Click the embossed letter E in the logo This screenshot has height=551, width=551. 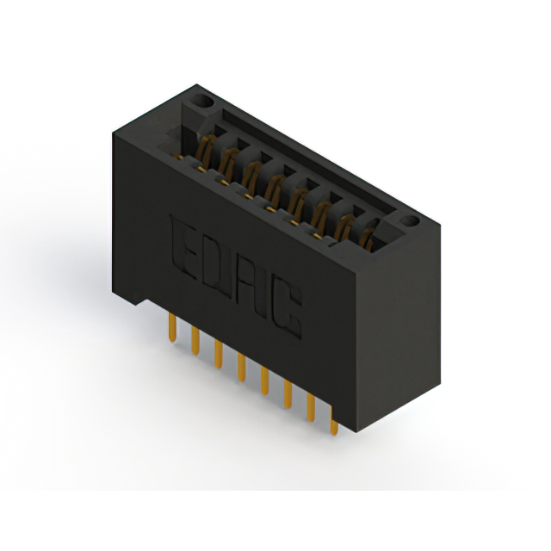pos(183,248)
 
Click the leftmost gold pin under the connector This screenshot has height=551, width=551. pos(172,327)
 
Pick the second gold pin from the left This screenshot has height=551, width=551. pos(195,341)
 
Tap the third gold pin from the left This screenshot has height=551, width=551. pos(218,354)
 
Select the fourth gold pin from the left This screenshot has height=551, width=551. pos(241,368)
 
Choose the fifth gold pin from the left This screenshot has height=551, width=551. pos(264,381)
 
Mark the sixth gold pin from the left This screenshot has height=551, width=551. pos(288,394)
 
